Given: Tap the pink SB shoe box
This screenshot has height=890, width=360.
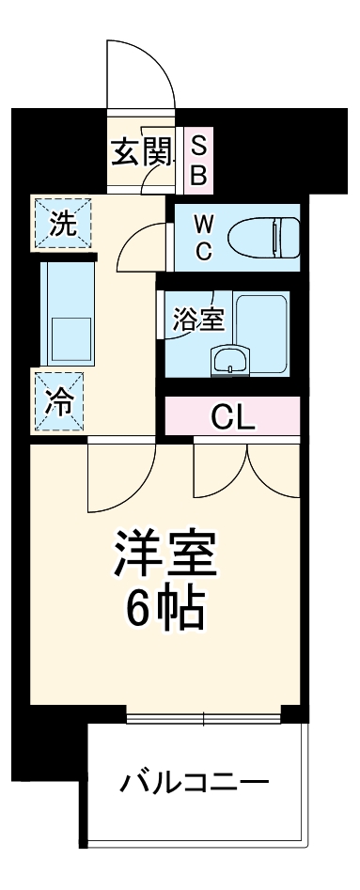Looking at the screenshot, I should tap(199, 159).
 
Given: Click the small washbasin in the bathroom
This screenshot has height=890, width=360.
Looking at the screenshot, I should tap(228, 361).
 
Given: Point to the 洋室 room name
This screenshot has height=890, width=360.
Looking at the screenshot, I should tap(166, 556).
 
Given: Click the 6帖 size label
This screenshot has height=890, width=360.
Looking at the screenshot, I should tap(166, 611).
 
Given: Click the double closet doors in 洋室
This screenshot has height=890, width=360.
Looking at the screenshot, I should tap(246, 470).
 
